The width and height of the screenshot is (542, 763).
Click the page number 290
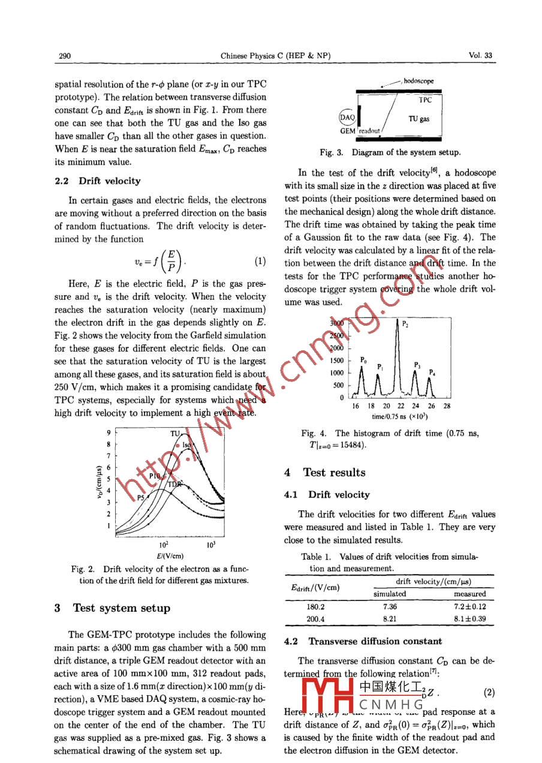pyautogui.click(x=65, y=56)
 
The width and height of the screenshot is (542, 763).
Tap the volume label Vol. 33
pyautogui.click(x=480, y=56)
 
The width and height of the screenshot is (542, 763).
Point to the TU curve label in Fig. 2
pyautogui.click(x=175, y=433)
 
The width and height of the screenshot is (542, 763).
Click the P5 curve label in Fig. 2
pyautogui.click(x=141, y=497)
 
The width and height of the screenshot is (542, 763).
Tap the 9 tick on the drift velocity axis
pyautogui.click(x=107, y=432)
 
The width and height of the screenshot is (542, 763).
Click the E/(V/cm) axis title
pyautogui.click(x=170, y=555)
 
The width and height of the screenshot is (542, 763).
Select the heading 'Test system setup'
pyautogui.click(x=121, y=608)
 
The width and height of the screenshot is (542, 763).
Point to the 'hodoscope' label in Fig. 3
pyautogui.click(x=418, y=81)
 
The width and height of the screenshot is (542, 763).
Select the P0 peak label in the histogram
pyautogui.click(x=363, y=360)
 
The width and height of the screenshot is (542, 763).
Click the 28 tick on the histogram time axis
pyautogui.click(x=447, y=406)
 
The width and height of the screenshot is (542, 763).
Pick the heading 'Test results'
pyautogui.click(x=334, y=472)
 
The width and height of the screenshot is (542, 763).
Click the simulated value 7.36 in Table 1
pyautogui.click(x=390, y=606)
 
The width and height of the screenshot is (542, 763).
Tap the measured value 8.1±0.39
pyautogui.click(x=469, y=618)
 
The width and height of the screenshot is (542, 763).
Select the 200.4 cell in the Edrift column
pyautogui.click(x=315, y=618)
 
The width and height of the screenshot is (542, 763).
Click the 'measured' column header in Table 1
pyautogui.click(x=469, y=594)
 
